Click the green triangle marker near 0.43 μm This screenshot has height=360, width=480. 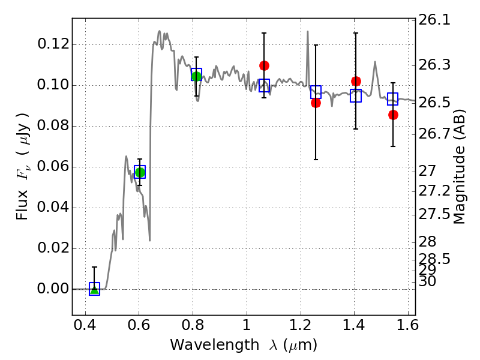(94, 290)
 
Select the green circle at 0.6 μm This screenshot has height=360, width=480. (140, 173)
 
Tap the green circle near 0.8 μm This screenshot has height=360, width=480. (196, 76)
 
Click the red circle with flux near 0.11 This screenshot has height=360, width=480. (264, 65)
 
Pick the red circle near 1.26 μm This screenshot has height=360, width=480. (316, 103)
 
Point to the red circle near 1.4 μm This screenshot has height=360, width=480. (356, 81)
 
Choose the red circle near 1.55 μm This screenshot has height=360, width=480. (393, 115)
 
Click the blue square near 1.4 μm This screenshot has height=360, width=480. (356, 95)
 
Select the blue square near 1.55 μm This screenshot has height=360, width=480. (393, 99)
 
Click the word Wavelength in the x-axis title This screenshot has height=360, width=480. (208, 345)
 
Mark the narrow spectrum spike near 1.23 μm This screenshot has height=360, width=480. (308, 34)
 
